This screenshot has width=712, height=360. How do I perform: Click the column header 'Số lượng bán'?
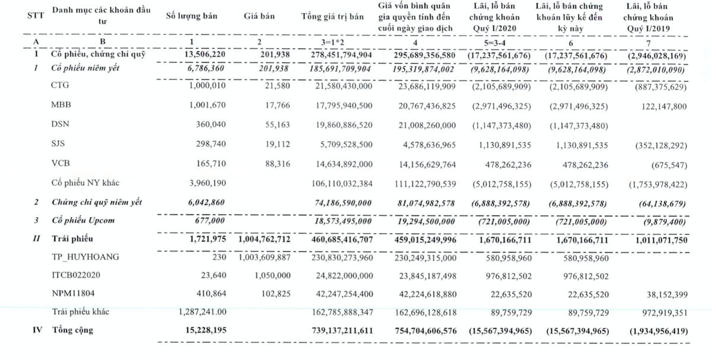tap(191, 17)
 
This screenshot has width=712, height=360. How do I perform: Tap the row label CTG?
tap(60, 86)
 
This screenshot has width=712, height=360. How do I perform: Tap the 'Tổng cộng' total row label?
tap(73, 330)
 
